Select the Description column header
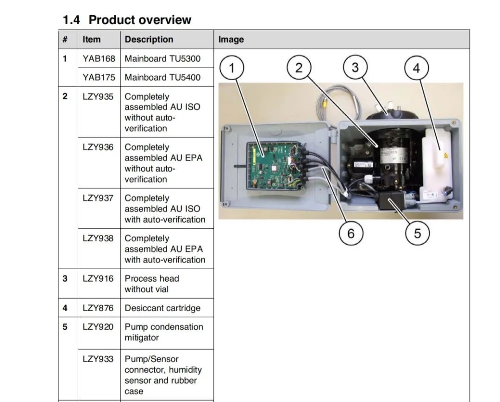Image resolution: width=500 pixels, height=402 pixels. (x=149, y=39)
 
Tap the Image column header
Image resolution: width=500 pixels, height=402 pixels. (x=231, y=39)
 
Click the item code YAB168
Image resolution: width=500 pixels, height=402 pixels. (x=99, y=59)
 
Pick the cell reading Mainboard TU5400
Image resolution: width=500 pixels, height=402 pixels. (x=162, y=77)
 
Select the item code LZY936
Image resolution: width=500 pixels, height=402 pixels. (x=98, y=147)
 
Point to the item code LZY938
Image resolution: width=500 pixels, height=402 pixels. (x=98, y=239)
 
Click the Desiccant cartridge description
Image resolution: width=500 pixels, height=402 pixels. (x=162, y=308)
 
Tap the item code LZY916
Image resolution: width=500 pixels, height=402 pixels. (x=98, y=279)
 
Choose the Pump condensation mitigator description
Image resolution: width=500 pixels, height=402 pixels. (x=163, y=332)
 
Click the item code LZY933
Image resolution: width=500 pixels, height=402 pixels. (x=98, y=359)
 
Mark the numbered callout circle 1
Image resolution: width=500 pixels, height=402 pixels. (x=231, y=69)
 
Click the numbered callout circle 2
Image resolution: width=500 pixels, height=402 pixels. (x=299, y=68)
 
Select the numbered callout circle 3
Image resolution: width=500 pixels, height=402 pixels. (x=355, y=68)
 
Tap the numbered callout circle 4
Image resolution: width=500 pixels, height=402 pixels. (x=416, y=69)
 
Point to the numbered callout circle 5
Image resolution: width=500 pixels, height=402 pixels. (x=417, y=233)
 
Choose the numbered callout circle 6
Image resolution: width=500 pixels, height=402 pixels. (x=350, y=233)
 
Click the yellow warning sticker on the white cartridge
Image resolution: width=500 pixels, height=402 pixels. (x=445, y=156)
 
